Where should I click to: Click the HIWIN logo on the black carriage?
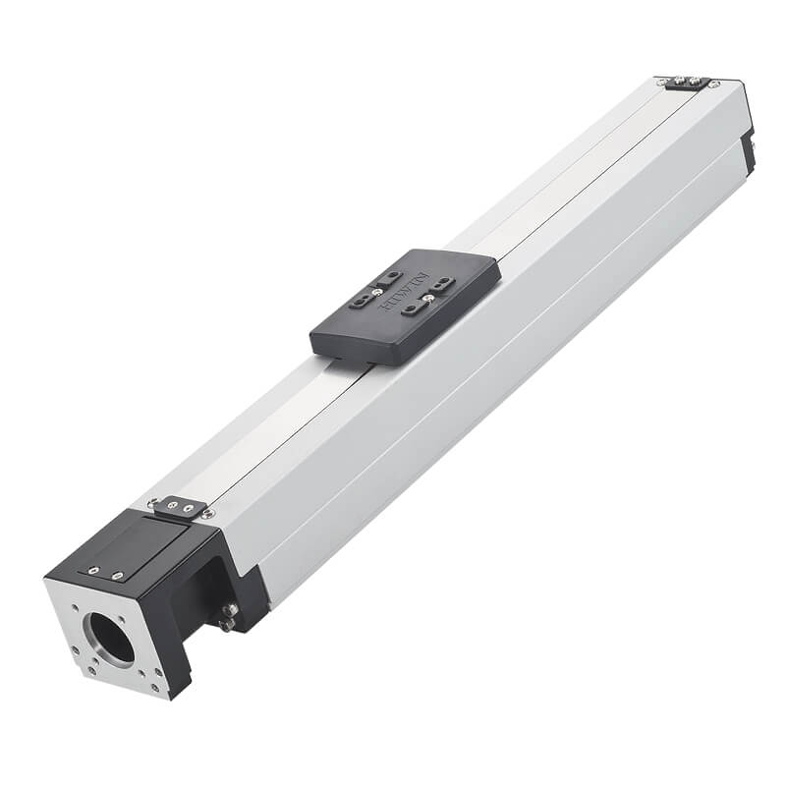click(406, 296)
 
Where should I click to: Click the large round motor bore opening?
click(112, 636)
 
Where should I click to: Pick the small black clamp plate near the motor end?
click(179, 507)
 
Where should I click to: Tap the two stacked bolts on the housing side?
click(228, 616)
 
